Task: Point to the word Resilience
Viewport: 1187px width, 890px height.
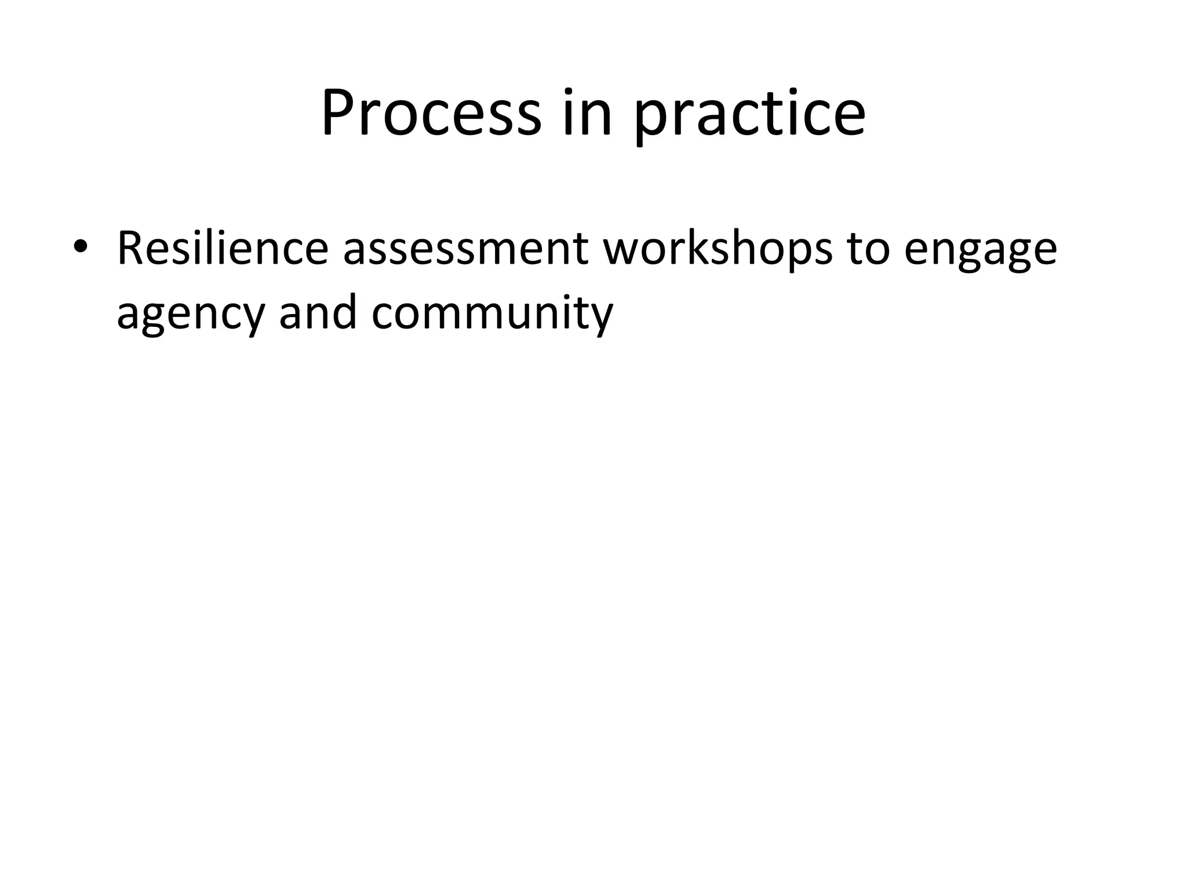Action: (223, 248)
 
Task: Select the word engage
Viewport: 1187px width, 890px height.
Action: (980, 253)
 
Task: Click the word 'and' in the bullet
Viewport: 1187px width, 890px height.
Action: (318, 313)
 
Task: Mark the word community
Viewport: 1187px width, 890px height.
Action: (492, 315)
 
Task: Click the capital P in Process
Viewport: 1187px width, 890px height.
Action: (340, 112)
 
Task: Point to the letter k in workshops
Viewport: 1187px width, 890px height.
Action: (714, 248)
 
